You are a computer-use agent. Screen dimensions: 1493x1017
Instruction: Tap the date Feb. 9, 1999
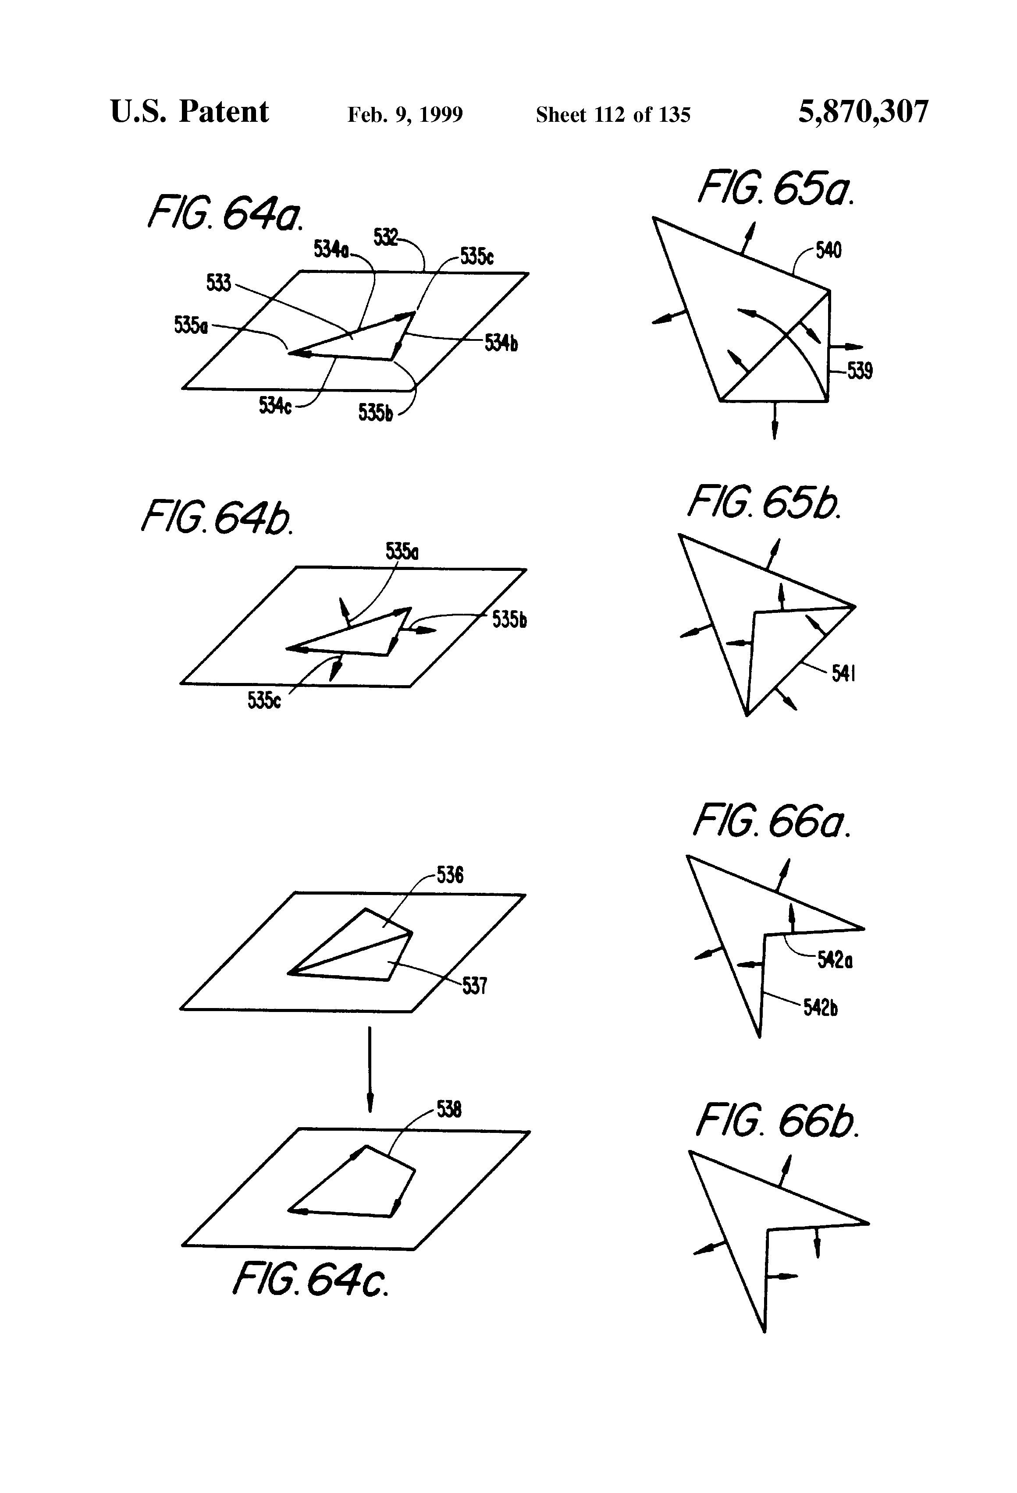pos(405,115)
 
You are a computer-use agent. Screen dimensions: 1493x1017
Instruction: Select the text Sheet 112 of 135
pos(613,115)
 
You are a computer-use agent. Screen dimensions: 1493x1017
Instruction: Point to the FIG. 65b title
pos(764,503)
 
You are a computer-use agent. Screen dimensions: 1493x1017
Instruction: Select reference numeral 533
pos(219,282)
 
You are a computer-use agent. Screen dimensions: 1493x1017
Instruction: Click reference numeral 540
pos(828,250)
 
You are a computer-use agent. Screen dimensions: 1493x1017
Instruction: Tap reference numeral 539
pos(860,371)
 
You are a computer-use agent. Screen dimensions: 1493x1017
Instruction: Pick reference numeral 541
pos(843,673)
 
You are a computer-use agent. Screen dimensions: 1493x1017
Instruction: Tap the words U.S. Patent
pos(190,112)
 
